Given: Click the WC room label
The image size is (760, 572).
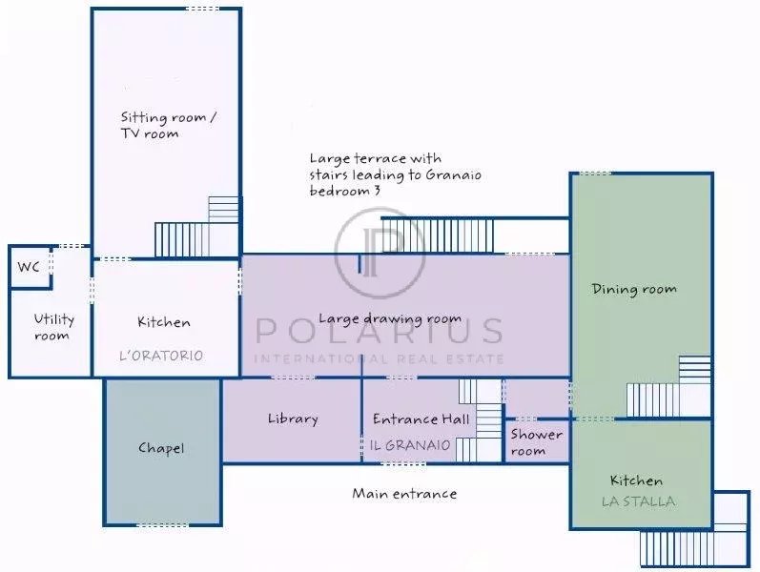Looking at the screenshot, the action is coord(29,267).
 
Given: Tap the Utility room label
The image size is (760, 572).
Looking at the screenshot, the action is coord(53,327).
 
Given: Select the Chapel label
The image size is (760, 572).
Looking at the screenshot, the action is coord(161,448).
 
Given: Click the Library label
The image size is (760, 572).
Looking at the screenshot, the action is coord(293,419).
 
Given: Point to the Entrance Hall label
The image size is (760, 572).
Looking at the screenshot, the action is coord(421,419).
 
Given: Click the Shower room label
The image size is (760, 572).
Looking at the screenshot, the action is coord(536,442).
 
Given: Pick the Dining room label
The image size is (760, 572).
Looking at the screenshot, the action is coord(634,290).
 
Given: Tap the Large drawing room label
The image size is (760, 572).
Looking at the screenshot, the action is coord(390,319).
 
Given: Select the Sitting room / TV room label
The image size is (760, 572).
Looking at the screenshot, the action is coord(168,125).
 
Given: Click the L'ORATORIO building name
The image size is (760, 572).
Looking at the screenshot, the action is coord(161,356).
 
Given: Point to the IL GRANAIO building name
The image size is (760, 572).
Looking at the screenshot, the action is coord(410,445).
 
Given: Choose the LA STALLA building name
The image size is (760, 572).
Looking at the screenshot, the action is coord(638,501).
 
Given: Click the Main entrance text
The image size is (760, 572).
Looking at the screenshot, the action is coord(404,494).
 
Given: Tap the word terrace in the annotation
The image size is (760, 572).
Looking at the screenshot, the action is coord(380,158).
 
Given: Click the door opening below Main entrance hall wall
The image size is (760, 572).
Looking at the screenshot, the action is coord(403,464).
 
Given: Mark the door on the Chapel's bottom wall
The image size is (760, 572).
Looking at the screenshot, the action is coord(162,525).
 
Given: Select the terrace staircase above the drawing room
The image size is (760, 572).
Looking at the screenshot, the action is coord(439,236).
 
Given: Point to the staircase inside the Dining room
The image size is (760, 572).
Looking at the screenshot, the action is coord(668,386).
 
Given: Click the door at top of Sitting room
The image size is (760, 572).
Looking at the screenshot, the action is coord(202,9).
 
